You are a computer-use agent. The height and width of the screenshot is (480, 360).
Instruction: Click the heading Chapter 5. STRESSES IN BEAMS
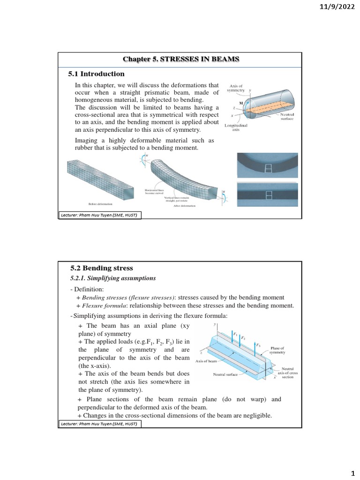pyautogui.click(x=181, y=59)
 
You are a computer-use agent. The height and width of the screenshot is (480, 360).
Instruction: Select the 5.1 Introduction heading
pyautogui.click(x=97, y=74)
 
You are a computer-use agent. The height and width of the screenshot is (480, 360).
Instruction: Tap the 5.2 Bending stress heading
pyautogui.click(x=102, y=268)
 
